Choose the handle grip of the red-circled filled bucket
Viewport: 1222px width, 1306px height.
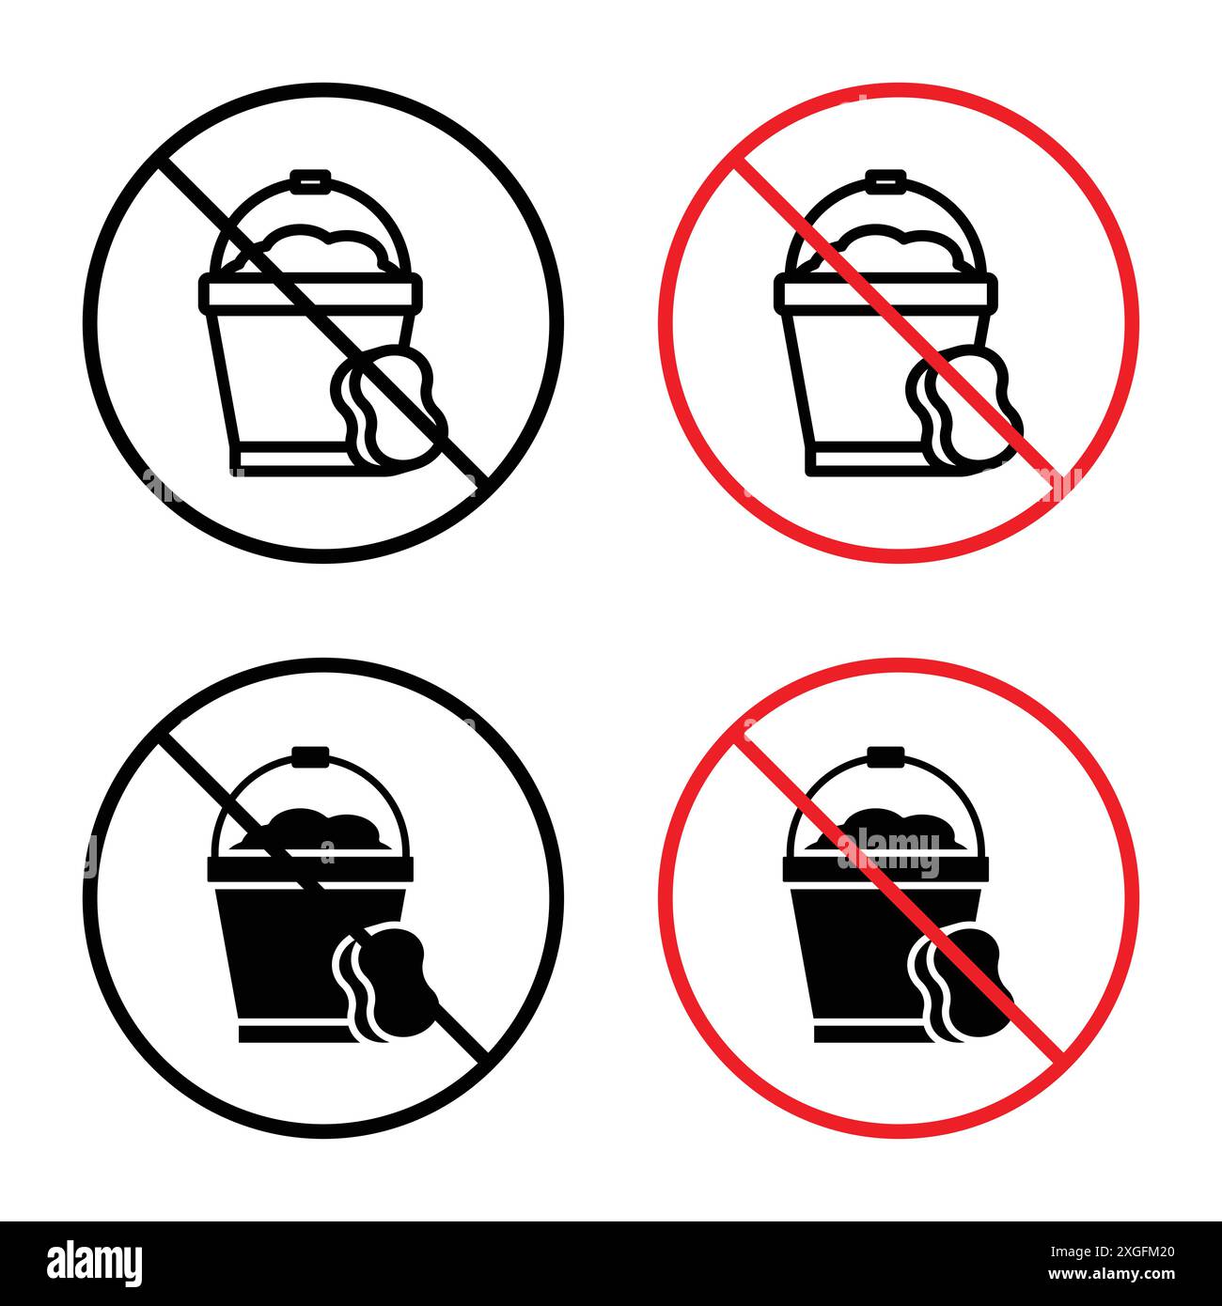[x=885, y=754]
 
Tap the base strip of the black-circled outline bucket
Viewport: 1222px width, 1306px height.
[x=282, y=460]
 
